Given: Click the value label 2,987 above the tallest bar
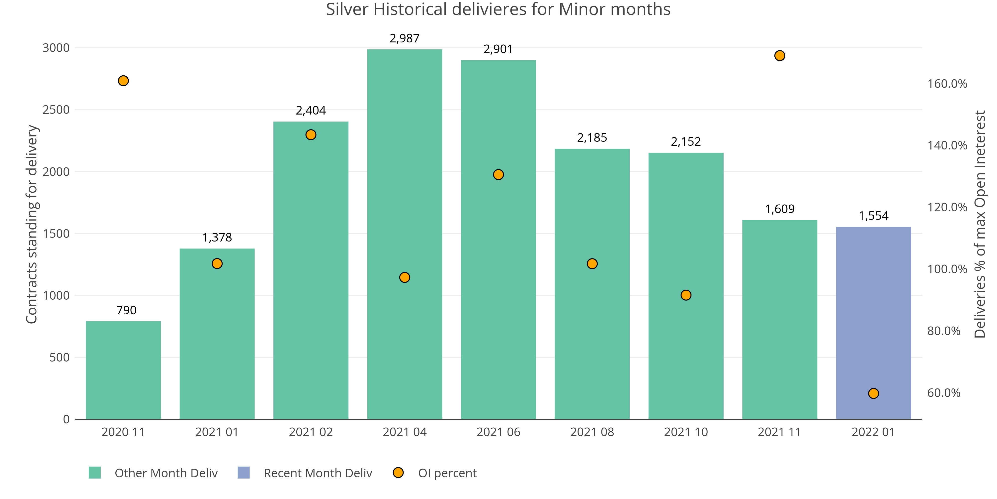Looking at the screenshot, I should pos(405,38).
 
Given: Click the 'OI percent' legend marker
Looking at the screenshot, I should pos(398,473).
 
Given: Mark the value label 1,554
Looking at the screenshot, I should pos(874,216).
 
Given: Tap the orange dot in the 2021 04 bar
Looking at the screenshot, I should pos(405,277).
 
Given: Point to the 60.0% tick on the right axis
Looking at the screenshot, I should pos(944,393).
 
